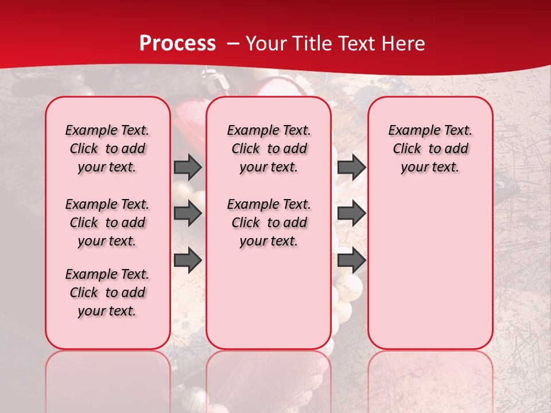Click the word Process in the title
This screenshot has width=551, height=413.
pos(177,44)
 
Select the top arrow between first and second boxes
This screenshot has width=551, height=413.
pos(188,167)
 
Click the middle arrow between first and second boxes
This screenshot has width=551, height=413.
pos(188,213)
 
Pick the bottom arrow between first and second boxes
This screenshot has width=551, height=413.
pos(188,260)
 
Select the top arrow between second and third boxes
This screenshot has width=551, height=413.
pos(351,167)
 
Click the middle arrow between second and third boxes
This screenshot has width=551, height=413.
pos(351,213)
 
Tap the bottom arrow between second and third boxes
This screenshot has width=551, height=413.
pos(351,260)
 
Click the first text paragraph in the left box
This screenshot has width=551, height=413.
pos(107,149)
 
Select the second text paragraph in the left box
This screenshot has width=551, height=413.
pos(107,223)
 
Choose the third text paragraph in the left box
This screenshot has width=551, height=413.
pos(107,293)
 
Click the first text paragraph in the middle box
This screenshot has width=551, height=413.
pos(269,149)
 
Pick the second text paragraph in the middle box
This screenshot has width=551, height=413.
pos(269,223)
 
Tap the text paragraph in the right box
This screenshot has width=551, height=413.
pos(430,149)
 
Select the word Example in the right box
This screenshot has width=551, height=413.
pos(409,130)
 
